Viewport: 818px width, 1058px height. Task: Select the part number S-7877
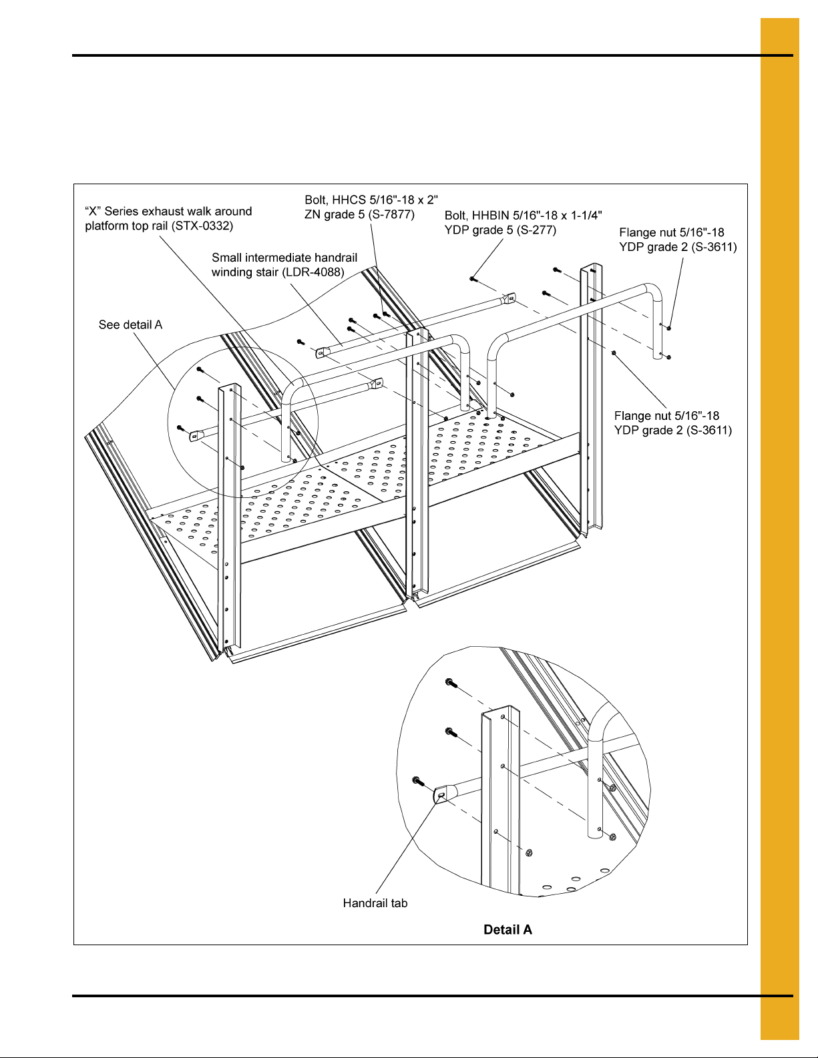(x=391, y=215)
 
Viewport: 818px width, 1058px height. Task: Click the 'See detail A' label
(x=130, y=325)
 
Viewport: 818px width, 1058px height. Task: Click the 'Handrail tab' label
(x=375, y=903)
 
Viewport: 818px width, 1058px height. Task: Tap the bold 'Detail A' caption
(x=507, y=930)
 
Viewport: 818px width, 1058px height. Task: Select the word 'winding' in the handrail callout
(x=232, y=272)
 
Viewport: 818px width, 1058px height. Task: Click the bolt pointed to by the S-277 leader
(x=473, y=279)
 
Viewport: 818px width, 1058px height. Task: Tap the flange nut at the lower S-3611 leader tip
(x=614, y=352)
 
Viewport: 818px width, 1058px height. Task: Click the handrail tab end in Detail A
(x=441, y=794)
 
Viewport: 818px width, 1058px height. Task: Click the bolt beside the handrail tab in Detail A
(x=418, y=780)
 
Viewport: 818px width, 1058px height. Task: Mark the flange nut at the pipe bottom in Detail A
(x=612, y=837)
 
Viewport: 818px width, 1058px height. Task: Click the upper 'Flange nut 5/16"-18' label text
(x=671, y=233)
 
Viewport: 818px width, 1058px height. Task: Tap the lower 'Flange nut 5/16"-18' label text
(x=666, y=416)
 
